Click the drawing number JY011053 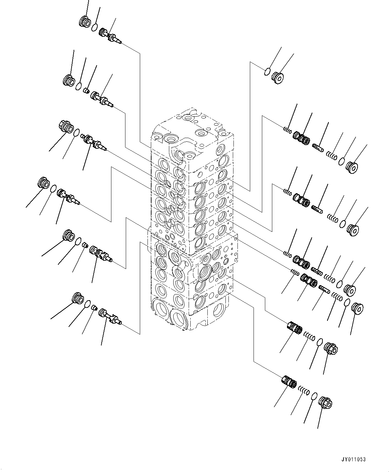[354, 459]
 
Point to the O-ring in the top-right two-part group [267, 72]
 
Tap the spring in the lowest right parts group [304, 390]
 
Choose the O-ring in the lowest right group [314, 396]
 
